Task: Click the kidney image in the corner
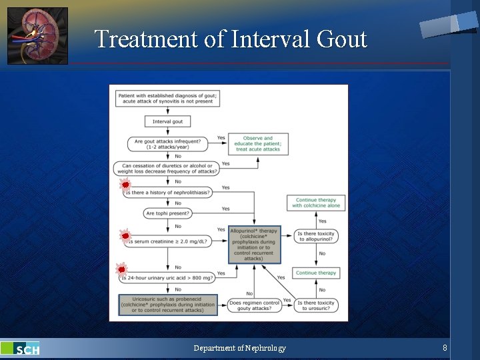(x=38, y=36)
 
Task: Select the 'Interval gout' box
(x=167, y=121)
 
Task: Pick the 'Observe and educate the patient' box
(x=258, y=143)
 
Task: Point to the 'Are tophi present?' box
(x=167, y=213)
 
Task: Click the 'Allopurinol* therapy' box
(x=253, y=244)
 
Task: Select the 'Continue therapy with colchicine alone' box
(x=316, y=203)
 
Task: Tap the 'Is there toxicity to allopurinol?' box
(x=316, y=237)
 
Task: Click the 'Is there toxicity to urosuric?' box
(x=316, y=305)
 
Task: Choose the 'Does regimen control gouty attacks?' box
(x=254, y=305)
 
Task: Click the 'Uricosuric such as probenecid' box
(x=168, y=304)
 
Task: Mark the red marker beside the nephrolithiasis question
(x=125, y=185)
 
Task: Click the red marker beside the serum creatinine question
(x=125, y=235)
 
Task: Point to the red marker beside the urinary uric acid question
(x=122, y=269)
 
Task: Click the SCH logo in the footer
(x=21, y=349)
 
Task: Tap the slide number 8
(x=445, y=348)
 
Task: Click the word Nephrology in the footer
(x=265, y=348)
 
